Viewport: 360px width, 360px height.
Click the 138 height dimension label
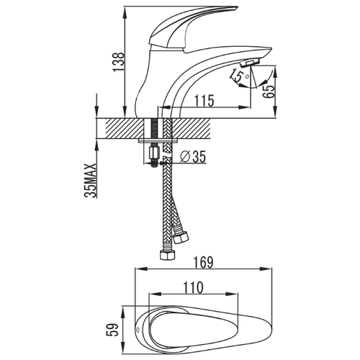pyautogui.click(x=119, y=62)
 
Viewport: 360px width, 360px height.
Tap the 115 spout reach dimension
pyautogui.click(x=204, y=101)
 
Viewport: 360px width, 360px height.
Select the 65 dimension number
pyautogui.click(x=269, y=91)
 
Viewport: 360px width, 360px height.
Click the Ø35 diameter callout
pyautogui.click(x=193, y=157)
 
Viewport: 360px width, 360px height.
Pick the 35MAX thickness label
pyautogui.click(x=91, y=181)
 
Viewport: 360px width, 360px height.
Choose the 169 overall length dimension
pyautogui.click(x=203, y=262)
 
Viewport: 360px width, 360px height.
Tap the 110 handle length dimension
pyautogui.click(x=193, y=287)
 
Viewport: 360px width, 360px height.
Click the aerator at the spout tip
pyautogui.click(x=250, y=63)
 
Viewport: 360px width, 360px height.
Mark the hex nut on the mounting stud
pyautogui.click(x=154, y=153)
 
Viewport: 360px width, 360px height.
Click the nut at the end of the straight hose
pyautogui.click(x=167, y=255)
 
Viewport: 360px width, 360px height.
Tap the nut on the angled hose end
pyautogui.click(x=181, y=238)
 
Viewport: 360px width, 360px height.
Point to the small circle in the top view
pyautogui.click(x=138, y=330)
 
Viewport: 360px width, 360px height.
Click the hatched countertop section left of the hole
pyautogui.click(x=125, y=128)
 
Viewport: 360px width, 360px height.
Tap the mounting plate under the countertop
pyautogui.click(x=158, y=140)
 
